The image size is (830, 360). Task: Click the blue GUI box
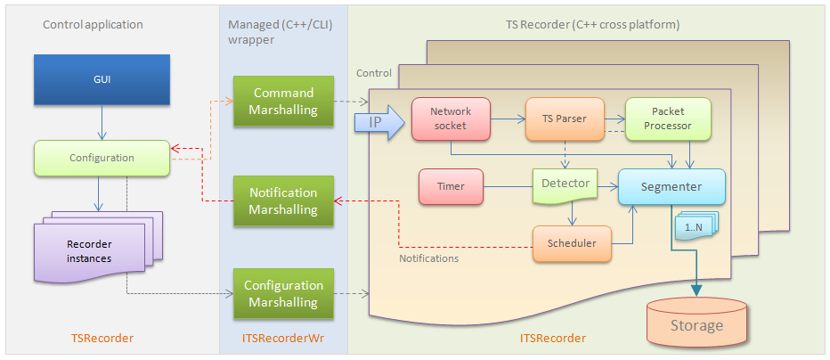[102, 79]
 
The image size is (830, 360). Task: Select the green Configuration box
[102, 158]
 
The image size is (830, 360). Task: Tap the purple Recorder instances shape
[89, 250]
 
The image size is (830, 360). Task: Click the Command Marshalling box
[284, 101]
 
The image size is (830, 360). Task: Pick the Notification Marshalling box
[284, 200]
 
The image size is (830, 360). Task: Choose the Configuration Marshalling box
[284, 294]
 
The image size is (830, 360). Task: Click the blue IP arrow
[378, 121]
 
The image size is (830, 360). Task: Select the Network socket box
[452, 119]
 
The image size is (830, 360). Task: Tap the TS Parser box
[565, 119]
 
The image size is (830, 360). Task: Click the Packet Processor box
[668, 119]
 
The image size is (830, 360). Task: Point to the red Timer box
[451, 188]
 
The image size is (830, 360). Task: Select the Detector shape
[565, 185]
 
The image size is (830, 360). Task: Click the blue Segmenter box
[671, 188]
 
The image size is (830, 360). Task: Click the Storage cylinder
[696, 322]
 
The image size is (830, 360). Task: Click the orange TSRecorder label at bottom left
[102, 339]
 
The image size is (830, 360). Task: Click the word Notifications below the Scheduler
[428, 258]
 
